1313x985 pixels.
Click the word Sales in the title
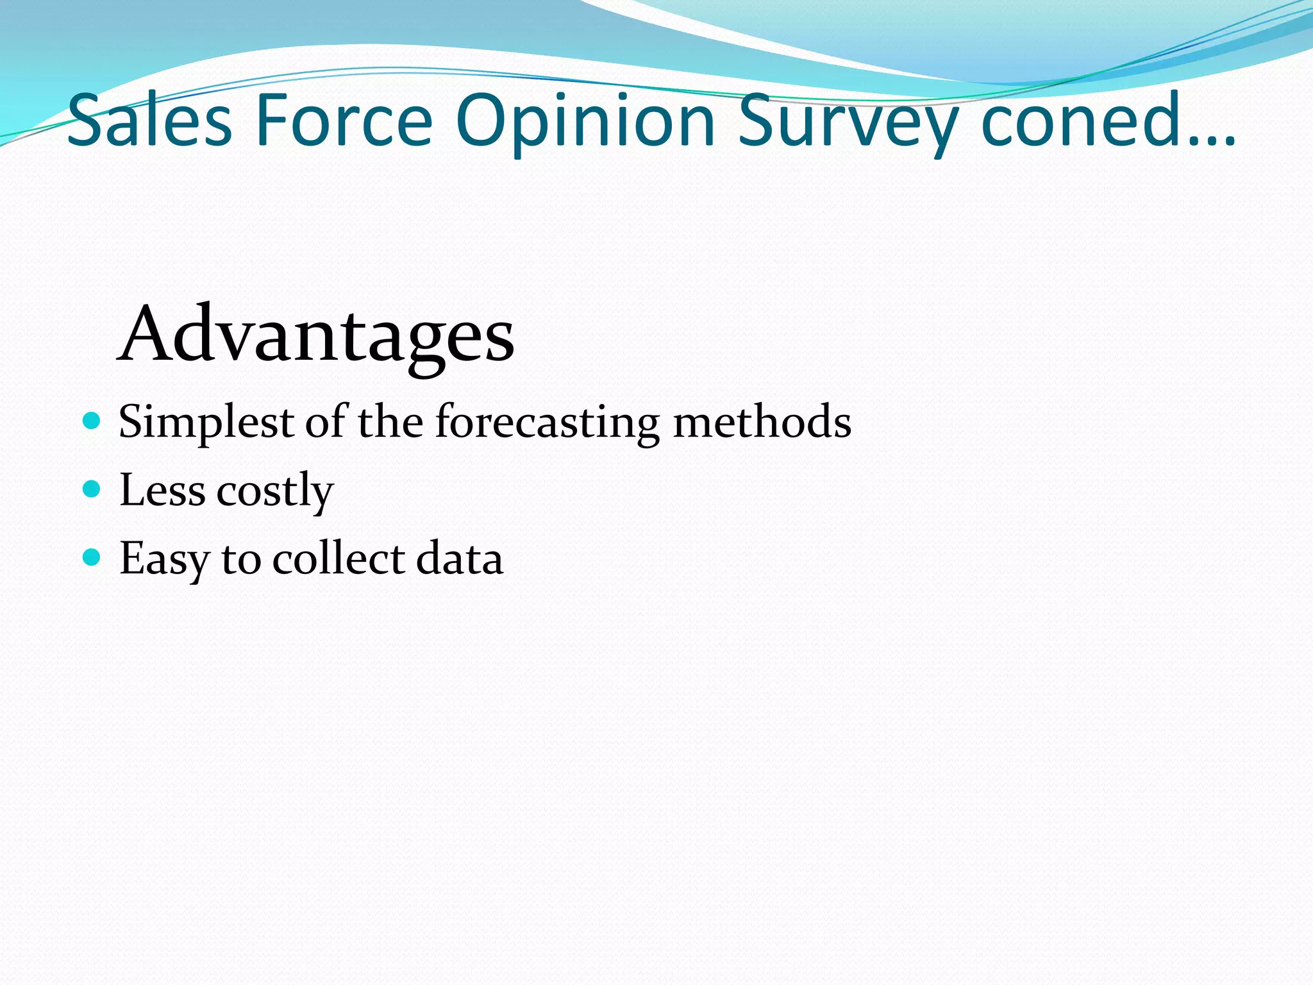[149, 121]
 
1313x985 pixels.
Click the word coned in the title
[1090, 121]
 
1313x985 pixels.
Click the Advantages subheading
[315, 336]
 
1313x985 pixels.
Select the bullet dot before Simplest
[92, 421]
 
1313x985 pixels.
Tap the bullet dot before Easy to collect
[92, 557]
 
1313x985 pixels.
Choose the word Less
[162, 491]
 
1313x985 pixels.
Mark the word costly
[275, 492]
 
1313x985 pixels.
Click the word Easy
[164, 559]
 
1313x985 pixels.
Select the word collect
[339, 558]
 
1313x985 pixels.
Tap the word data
[460, 558]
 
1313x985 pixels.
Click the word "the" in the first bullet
[390, 422]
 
